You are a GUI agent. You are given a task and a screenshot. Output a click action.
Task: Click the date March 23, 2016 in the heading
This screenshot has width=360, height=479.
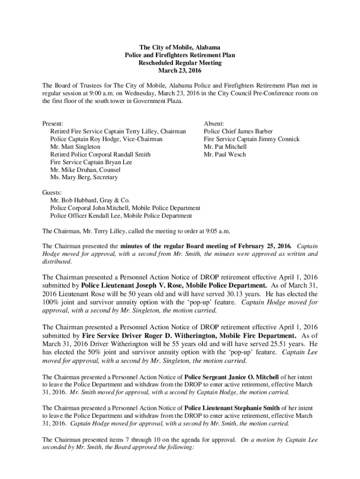coord(180,70)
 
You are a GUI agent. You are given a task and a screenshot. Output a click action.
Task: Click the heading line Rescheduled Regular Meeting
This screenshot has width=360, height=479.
coord(180,63)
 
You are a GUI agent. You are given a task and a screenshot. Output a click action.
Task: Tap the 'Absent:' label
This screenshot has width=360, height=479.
coord(214,124)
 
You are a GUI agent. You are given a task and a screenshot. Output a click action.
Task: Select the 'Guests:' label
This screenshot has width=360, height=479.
coord(52,193)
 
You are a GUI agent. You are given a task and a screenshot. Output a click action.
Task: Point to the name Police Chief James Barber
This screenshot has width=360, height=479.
coord(238,131)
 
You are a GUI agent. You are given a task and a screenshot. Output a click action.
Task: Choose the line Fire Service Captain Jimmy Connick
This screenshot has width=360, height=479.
coord(251,139)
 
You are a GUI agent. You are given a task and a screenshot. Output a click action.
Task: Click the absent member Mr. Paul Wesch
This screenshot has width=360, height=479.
coord(224,154)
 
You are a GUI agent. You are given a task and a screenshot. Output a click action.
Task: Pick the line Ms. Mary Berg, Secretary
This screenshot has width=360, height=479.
coord(84,177)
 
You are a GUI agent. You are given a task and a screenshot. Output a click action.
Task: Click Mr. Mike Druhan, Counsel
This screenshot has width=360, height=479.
coord(85,170)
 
